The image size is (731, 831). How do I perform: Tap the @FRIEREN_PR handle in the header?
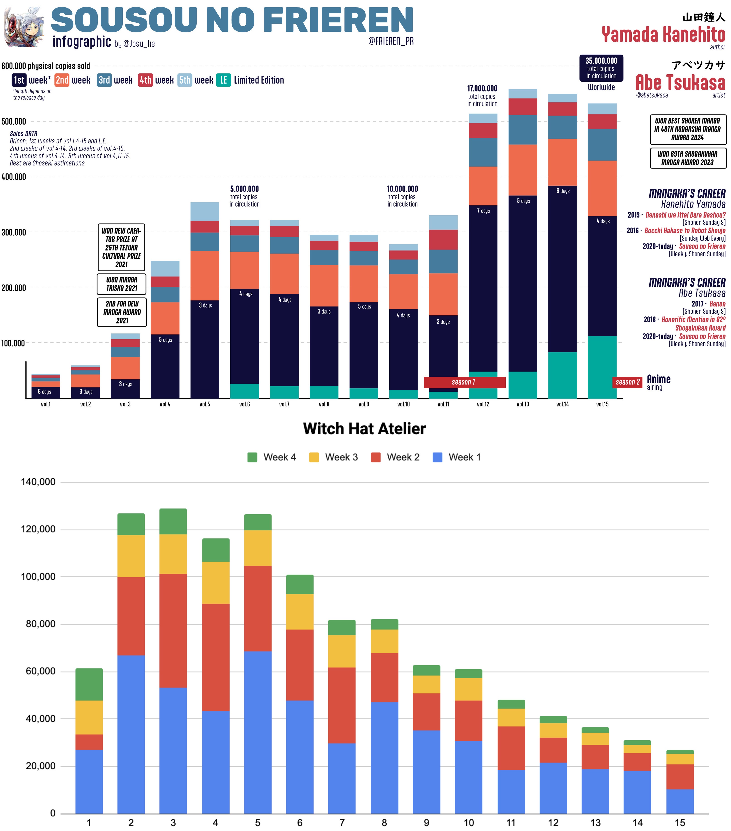point(391,41)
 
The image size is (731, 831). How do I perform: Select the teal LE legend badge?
point(223,80)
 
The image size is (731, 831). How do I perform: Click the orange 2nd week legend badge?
point(62,80)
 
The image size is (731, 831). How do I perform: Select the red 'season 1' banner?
point(464,382)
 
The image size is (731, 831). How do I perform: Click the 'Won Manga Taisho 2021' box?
point(122,284)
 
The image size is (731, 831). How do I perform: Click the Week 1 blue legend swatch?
point(437,457)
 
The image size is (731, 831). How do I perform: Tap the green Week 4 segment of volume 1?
point(89,684)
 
